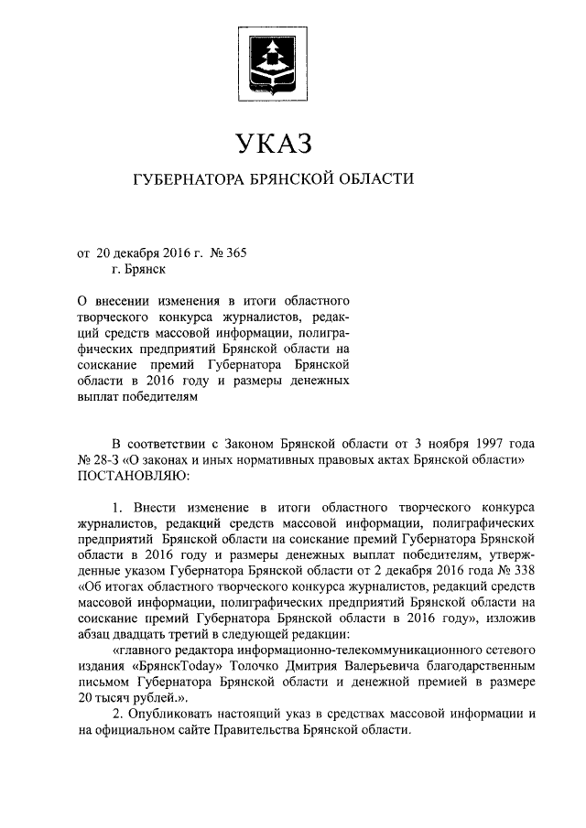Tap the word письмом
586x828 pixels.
click(x=105, y=682)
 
